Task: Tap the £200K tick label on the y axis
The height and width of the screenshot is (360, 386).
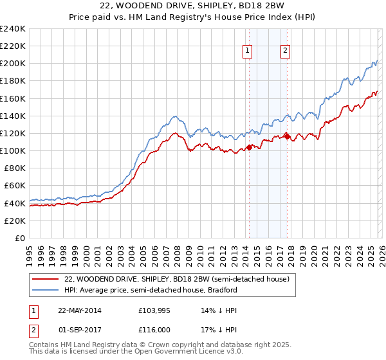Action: pyautogui.click(x=13, y=64)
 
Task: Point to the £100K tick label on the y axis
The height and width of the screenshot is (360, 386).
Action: pyautogui.click(x=13, y=150)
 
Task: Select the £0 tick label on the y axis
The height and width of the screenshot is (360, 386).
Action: pyautogui.click(x=20, y=238)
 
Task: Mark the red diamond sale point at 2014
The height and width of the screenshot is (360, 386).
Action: pyautogui.click(x=249, y=147)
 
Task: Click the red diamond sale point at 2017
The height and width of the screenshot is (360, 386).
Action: pyautogui.click(x=286, y=136)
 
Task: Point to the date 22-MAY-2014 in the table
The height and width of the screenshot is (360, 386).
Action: pyautogui.click(x=80, y=310)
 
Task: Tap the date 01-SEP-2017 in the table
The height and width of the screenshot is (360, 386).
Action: pyautogui.click(x=80, y=329)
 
